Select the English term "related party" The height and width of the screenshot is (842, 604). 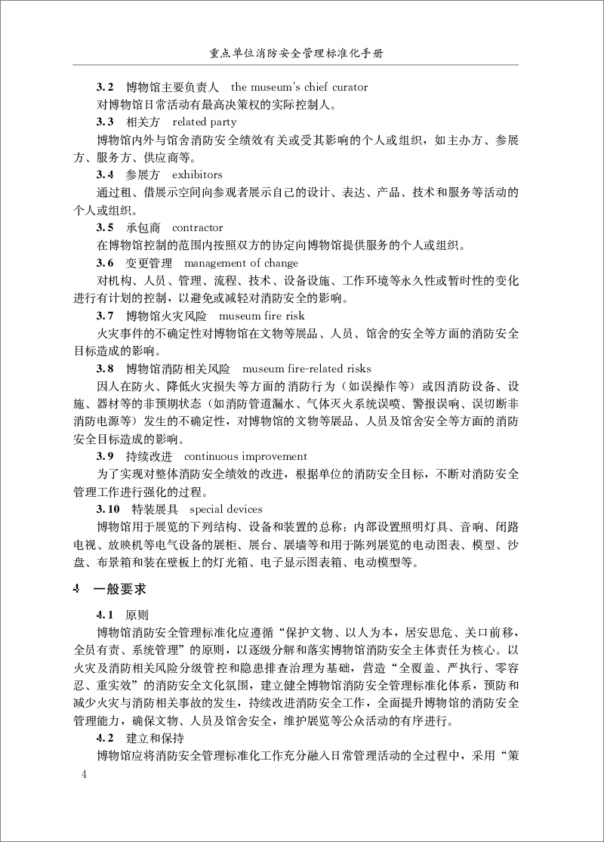pyautogui.click(x=204, y=122)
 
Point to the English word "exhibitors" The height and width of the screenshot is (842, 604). pyautogui.click(x=197, y=174)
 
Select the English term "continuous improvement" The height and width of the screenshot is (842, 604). pyautogui.click(x=245, y=456)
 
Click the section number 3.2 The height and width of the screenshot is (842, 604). pyautogui.click(x=105, y=88)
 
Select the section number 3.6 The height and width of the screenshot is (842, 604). pyautogui.click(x=105, y=263)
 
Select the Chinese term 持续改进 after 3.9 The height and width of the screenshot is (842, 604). pyautogui.click(x=149, y=456)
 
